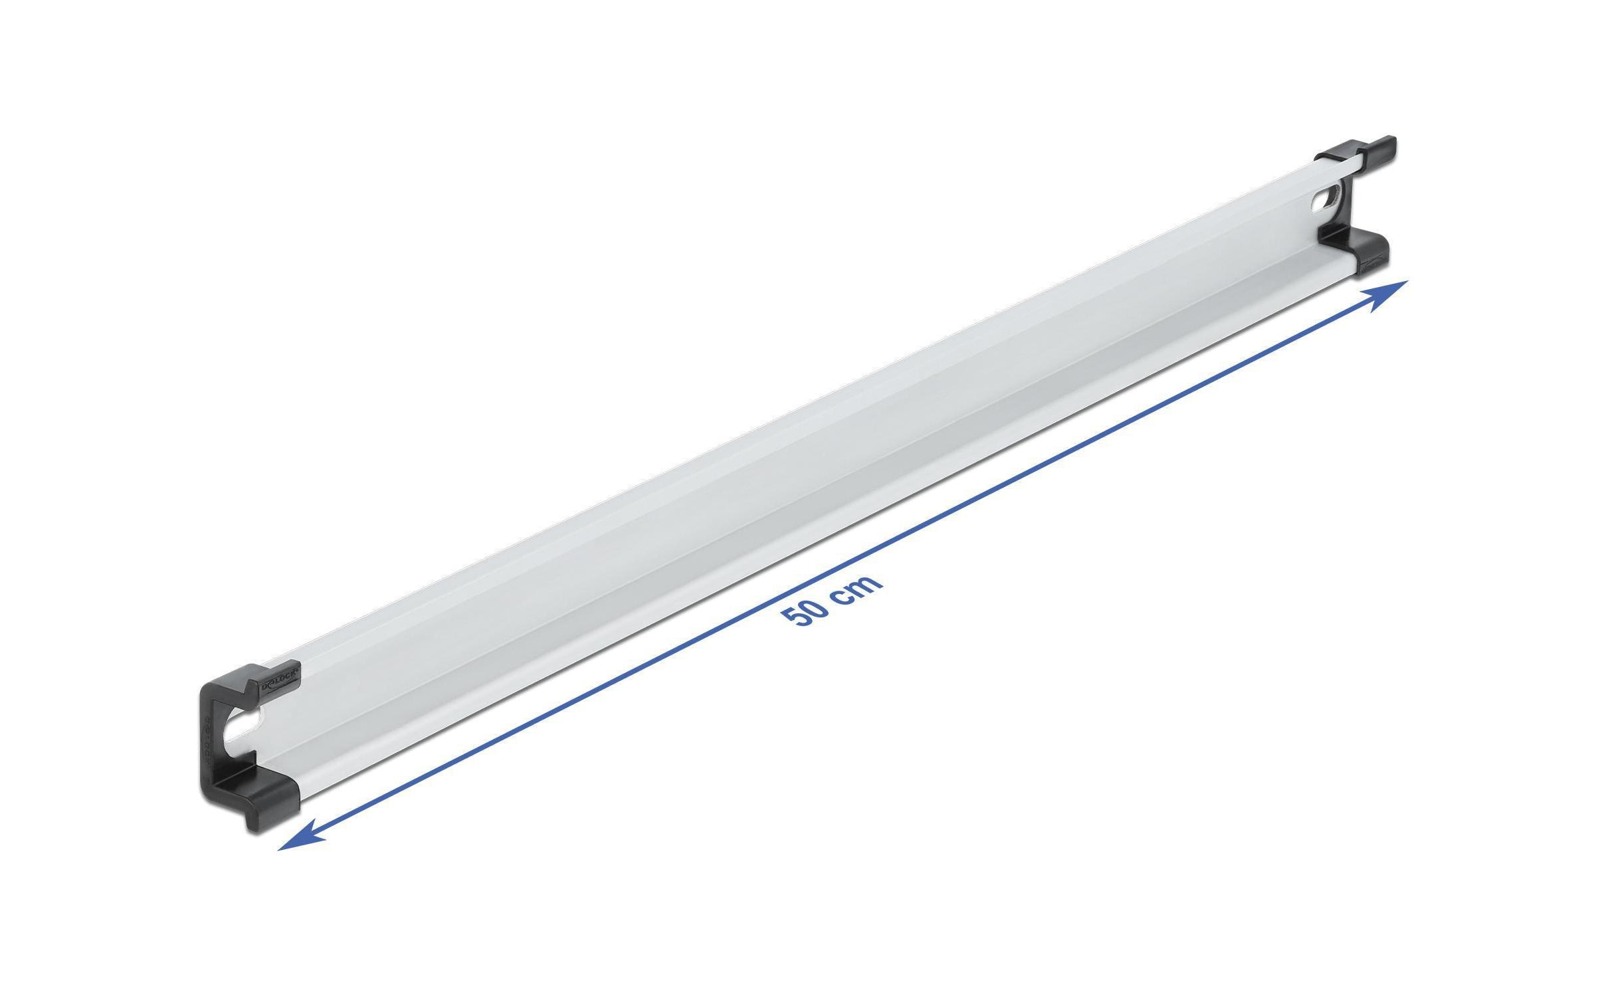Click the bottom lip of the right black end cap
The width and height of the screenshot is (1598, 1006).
[x=1361, y=262]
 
